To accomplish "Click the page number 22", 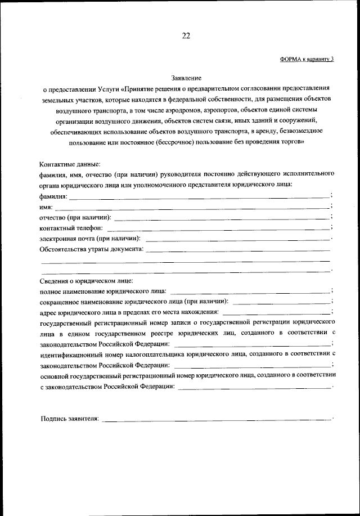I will (x=186, y=36).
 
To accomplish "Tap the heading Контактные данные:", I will (x=70, y=164).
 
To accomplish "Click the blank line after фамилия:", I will (x=199, y=196).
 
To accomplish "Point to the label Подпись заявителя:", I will (x=70, y=419).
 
